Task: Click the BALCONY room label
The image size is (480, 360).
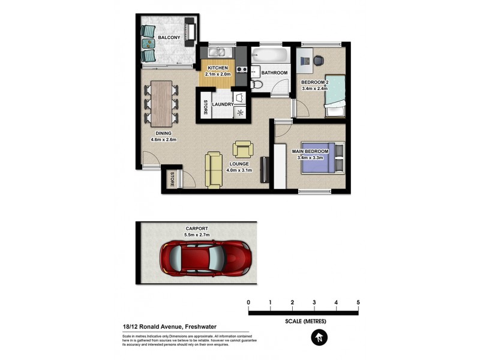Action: coord(169,38)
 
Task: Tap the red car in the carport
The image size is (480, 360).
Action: coord(205,257)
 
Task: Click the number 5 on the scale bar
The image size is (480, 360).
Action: coord(358,302)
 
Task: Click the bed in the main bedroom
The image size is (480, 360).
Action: coord(323,158)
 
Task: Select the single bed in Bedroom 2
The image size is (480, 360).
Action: coord(334,97)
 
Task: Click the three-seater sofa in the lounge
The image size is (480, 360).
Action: coord(214,170)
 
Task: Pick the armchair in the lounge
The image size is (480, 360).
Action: coord(244,149)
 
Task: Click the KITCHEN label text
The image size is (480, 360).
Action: coord(217,68)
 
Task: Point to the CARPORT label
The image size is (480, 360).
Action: coord(197,229)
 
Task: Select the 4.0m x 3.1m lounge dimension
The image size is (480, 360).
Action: coord(239,170)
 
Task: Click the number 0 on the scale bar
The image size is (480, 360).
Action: coord(248,302)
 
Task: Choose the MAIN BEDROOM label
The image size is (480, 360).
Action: coord(310,152)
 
